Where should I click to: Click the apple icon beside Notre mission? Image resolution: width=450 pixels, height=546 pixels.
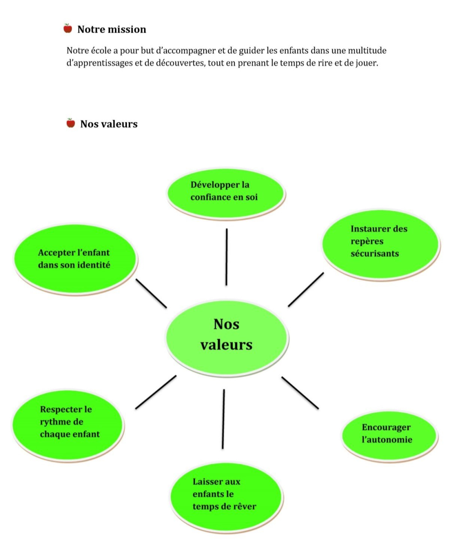pos(68,29)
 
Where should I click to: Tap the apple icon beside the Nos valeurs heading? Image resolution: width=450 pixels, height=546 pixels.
pos(70,123)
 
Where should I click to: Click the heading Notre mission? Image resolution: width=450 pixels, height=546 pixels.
pos(112,30)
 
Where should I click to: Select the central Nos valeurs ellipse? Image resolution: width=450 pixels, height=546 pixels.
pos(227,335)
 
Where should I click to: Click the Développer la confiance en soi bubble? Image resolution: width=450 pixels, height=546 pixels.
pos(225,191)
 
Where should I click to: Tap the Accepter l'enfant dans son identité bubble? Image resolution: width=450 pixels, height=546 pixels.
pos(75,259)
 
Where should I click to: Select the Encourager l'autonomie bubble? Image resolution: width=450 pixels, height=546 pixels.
pos(389,433)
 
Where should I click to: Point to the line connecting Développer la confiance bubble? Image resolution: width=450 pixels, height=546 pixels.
pos(226,257)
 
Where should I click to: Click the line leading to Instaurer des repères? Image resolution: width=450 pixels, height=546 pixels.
pos(306,289)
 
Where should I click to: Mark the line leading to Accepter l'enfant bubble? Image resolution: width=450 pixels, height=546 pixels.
pos(151,293)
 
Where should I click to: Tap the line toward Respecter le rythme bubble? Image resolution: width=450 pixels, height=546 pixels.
pos(155,392)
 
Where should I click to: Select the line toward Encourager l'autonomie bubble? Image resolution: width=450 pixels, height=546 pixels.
pos(300,392)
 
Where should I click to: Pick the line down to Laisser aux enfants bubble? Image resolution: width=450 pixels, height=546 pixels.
pos(223,419)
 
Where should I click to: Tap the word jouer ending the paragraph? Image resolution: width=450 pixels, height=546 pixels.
pos(366,63)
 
